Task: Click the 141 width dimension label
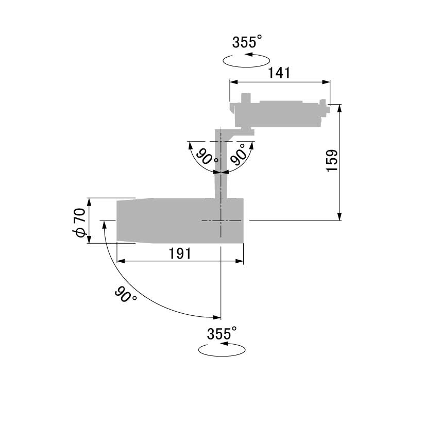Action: point(279,73)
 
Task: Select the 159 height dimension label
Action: point(332,161)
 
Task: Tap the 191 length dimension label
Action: point(180,253)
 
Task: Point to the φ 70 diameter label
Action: point(79,223)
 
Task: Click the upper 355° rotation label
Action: point(247,42)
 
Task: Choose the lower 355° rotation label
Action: point(222,333)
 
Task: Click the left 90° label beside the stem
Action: point(207,157)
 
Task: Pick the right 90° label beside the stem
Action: point(238,154)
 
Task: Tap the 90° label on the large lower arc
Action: point(125,295)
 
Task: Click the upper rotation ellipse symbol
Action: point(246,60)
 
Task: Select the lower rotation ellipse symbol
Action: point(222,350)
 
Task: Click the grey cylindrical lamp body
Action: point(180,220)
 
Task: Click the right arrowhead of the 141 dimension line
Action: point(326,82)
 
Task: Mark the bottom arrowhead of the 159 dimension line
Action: point(340,216)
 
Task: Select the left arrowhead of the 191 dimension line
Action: point(121,261)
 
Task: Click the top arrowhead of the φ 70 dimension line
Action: point(89,202)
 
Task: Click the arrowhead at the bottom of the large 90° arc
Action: point(217,317)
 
